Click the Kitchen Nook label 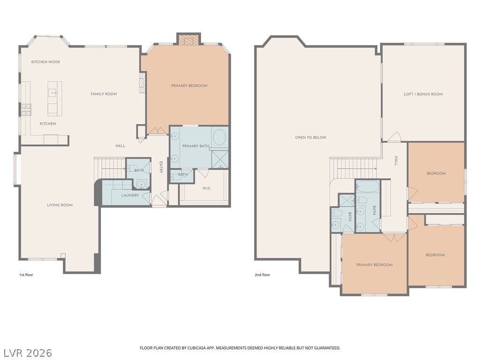pyautogui.click(x=45, y=62)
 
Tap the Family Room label pyautogui.click(x=104, y=94)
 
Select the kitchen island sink pyautogui.click(x=53, y=92)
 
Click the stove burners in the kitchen pyautogui.click(x=26, y=110)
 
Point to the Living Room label pyautogui.click(x=60, y=205)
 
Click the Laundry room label pyautogui.click(x=130, y=195)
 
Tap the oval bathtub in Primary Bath pyautogui.click(x=220, y=137)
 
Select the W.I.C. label pyautogui.click(x=207, y=188)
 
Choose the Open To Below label pyautogui.click(x=311, y=137)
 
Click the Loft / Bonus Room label pyautogui.click(x=423, y=94)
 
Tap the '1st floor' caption pyautogui.click(x=26, y=275)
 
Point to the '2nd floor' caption pyautogui.click(x=262, y=275)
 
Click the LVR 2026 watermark pyautogui.click(x=28, y=353)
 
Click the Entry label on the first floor pyautogui.click(x=161, y=167)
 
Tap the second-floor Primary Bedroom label pyautogui.click(x=375, y=265)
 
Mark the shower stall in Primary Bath pyautogui.click(x=220, y=159)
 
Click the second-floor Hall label pyautogui.click(x=396, y=161)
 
